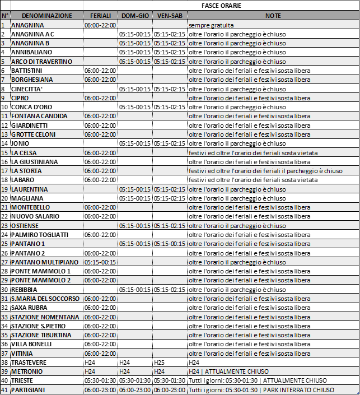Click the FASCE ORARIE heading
point(221,5)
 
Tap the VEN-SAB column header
point(170,16)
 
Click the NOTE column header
point(273,16)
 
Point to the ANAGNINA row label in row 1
point(27,25)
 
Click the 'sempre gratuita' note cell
point(211,25)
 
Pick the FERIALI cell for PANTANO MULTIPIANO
point(100,262)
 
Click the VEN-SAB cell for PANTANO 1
point(170,244)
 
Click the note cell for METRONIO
point(228,371)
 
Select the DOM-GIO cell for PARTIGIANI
point(135,390)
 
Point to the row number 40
point(4,380)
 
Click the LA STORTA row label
point(28,171)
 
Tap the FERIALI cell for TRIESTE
point(100,380)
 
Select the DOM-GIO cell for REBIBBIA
point(135,290)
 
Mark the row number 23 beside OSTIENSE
point(4,226)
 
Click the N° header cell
point(4,16)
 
